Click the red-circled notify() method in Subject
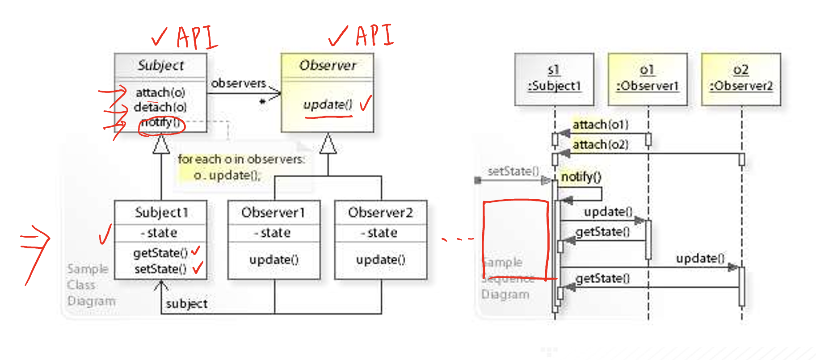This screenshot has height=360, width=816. [160, 122]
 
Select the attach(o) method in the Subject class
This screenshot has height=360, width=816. [160, 92]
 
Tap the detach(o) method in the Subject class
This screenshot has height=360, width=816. [160, 107]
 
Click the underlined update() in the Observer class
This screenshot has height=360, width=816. [328, 105]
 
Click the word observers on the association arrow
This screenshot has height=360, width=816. [238, 84]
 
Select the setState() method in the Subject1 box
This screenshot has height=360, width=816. [160, 269]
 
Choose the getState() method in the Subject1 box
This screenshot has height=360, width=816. [160, 253]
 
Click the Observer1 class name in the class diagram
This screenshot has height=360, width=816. [273, 213]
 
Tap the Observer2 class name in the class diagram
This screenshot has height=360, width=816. [380, 213]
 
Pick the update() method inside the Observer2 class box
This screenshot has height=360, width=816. [380, 260]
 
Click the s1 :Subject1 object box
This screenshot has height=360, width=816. [554, 79]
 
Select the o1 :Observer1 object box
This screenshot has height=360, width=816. [648, 79]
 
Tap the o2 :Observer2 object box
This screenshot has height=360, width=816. [741, 79]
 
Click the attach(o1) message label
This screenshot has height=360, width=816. [600, 125]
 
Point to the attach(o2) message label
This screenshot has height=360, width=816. [600, 145]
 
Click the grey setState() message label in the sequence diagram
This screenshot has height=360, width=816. [513, 171]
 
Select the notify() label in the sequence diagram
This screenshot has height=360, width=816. [581, 177]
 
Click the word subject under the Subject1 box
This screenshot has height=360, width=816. [186, 304]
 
